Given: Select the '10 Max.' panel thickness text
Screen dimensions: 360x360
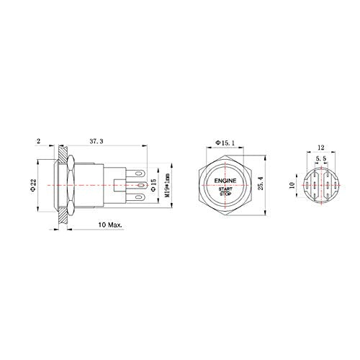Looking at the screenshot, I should point(112,225).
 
